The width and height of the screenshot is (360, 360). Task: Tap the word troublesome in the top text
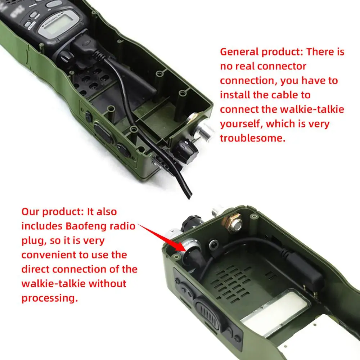[252, 138]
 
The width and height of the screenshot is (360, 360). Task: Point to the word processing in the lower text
[49, 298]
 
